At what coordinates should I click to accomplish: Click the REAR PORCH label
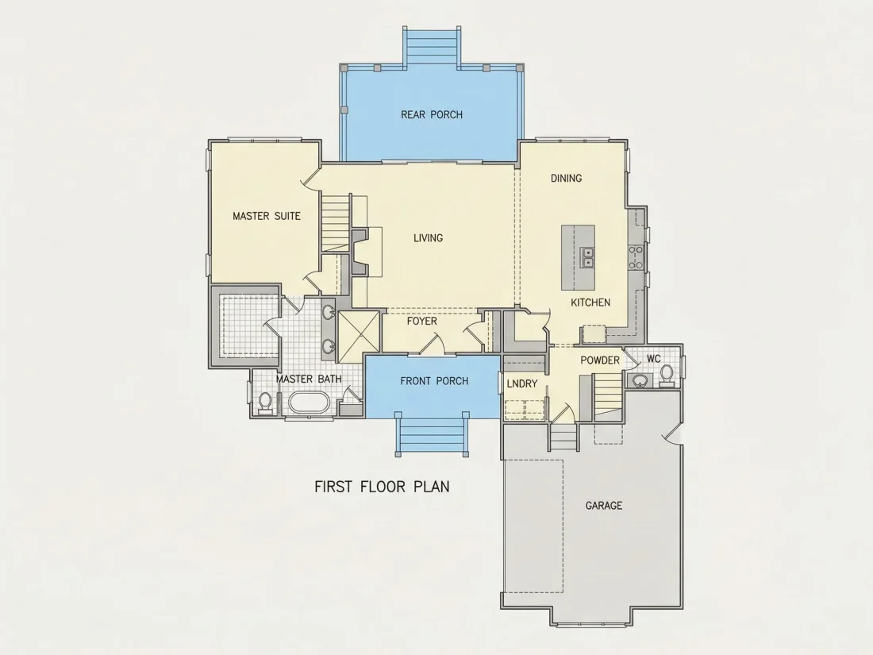click(x=432, y=115)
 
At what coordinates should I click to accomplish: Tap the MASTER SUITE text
click(x=267, y=216)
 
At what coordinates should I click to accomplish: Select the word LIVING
click(x=428, y=238)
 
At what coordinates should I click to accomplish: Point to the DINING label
click(x=566, y=178)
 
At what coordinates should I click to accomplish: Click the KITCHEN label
click(x=590, y=302)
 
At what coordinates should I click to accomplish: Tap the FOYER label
click(x=421, y=322)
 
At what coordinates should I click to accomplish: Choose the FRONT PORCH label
click(x=434, y=381)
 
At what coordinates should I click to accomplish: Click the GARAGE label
click(x=603, y=506)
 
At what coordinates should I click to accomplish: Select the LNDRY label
click(x=522, y=383)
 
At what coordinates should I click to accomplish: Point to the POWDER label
click(x=600, y=360)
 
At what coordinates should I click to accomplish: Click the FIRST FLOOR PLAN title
click(x=382, y=487)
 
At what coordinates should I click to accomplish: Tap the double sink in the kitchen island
click(x=586, y=257)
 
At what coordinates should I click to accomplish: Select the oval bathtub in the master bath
click(x=310, y=403)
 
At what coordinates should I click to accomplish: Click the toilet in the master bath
click(x=265, y=403)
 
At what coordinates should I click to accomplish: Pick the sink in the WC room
click(x=640, y=380)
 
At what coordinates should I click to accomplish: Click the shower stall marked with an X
click(x=359, y=333)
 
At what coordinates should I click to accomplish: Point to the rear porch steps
click(x=432, y=48)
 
